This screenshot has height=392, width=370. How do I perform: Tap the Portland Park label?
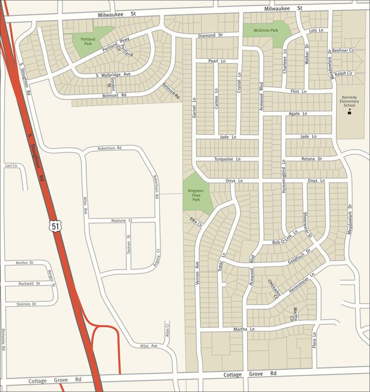tap(88, 42)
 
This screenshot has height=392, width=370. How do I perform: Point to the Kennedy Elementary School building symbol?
tap(349, 112)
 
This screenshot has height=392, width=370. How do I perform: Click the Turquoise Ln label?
tap(228, 159)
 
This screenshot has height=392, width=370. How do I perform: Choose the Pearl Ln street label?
tap(213, 61)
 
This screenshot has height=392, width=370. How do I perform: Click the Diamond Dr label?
tap(210, 36)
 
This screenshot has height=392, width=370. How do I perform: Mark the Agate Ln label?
tap(298, 114)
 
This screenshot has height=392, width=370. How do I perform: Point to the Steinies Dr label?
tap(26, 304)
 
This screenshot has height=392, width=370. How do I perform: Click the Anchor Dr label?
tap(25, 263)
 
